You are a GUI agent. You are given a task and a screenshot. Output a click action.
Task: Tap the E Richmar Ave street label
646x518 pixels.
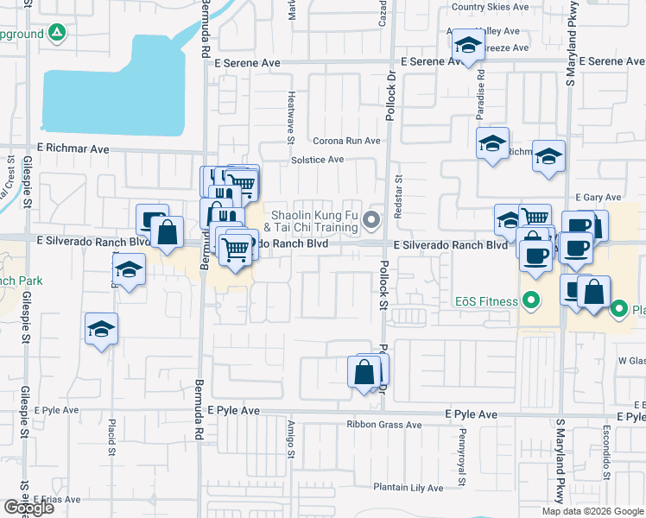[73, 148]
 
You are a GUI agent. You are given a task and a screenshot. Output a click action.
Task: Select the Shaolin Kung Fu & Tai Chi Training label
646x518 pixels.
[314, 221]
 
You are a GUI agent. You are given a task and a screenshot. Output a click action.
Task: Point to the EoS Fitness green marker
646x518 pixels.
[531, 302]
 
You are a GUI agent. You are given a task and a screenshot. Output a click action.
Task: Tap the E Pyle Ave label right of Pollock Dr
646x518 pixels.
[472, 414]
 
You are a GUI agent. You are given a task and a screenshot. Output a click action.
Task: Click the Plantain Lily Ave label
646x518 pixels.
[407, 488]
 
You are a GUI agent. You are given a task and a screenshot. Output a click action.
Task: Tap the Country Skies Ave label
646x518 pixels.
[490, 7]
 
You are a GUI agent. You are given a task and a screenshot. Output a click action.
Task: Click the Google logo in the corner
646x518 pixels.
[28, 508]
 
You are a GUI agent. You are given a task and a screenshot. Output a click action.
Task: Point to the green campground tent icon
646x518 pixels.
[57, 33]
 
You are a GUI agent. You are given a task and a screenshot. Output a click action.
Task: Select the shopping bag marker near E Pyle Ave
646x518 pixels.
[364, 373]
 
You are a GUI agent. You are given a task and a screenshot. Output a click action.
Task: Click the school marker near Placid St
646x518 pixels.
[102, 330]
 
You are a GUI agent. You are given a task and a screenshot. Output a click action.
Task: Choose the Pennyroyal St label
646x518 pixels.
[463, 445]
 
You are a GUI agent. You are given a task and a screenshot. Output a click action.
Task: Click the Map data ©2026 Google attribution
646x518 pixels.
[592, 511]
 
